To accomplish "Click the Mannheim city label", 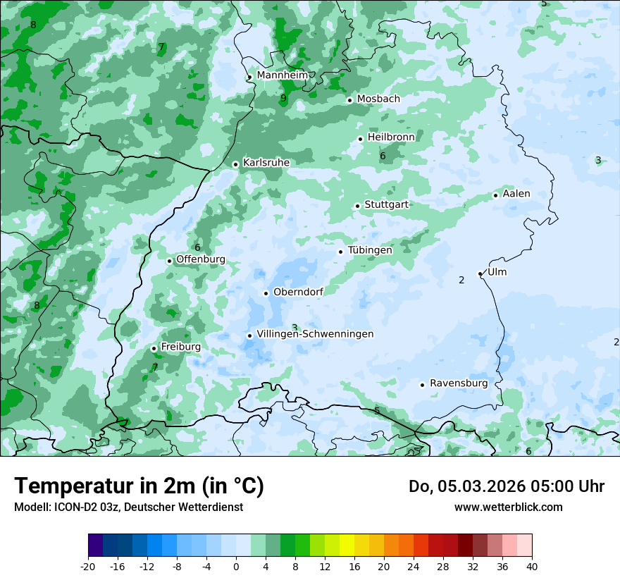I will [282, 75].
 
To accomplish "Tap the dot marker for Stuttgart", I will [357, 206].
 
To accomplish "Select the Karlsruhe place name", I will [266, 163].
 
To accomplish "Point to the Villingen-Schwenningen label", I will [315, 334].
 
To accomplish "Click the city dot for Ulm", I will [480, 273].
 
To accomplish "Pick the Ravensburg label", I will [458, 383].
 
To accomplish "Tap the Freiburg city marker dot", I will [154, 348].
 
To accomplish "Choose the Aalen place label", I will [516, 194].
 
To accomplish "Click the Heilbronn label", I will [390, 137].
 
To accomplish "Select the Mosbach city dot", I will [349, 100].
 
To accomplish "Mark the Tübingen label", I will [369, 250].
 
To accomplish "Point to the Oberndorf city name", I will [298, 292].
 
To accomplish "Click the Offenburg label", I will [200, 259].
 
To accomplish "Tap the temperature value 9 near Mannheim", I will [283, 98].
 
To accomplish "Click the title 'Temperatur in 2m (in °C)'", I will [139, 486].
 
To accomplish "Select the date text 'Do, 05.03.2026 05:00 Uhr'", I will [506, 486].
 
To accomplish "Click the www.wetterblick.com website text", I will [508, 507].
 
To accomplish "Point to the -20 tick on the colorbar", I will [88, 566].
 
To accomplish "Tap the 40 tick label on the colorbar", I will [531, 566].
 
